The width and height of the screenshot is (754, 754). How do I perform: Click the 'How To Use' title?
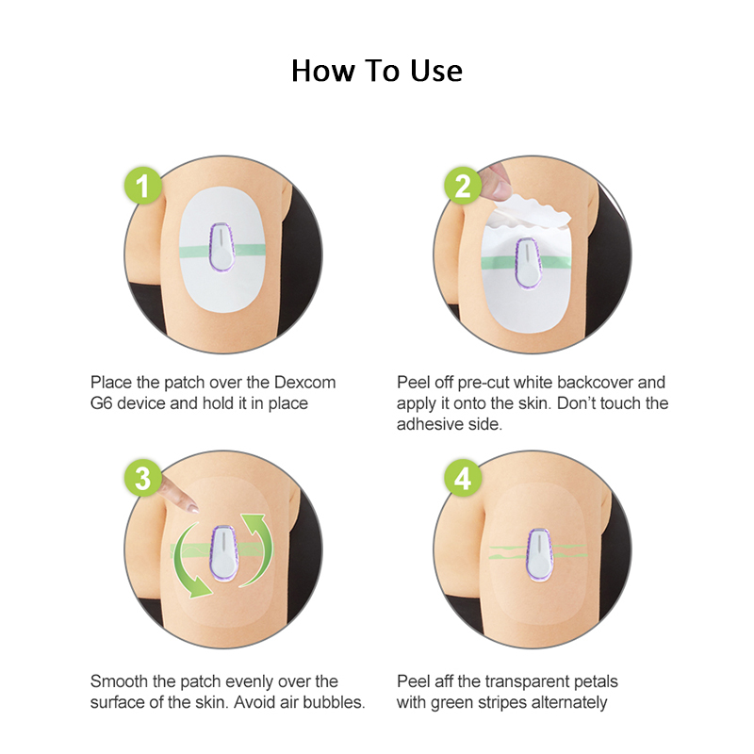(377, 71)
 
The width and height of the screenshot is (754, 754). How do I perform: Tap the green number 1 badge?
(143, 186)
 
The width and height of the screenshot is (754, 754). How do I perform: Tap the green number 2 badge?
(462, 186)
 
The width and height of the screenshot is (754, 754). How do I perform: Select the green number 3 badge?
(143, 479)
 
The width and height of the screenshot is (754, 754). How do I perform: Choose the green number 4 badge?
(462, 479)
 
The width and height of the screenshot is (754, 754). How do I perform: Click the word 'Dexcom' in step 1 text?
(303, 383)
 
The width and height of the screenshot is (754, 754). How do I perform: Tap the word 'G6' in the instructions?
(101, 403)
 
